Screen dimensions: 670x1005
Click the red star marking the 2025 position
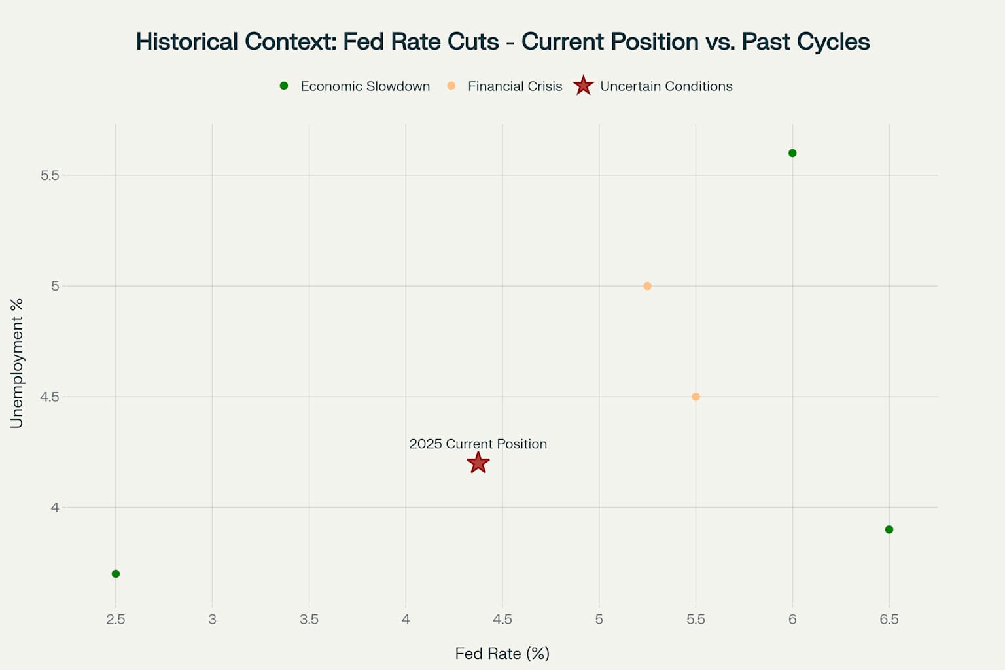[x=478, y=463]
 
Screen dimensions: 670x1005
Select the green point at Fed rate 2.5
[x=116, y=574]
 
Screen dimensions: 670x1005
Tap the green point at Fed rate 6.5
[x=889, y=529]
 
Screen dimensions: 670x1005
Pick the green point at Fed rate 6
[x=792, y=153]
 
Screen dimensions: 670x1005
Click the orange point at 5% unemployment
[x=647, y=286]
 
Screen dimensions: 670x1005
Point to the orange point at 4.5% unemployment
[x=696, y=397]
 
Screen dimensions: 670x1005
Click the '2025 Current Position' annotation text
[x=478, y=444]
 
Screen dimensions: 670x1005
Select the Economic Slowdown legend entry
[x=364, y=86]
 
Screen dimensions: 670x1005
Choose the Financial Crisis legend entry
[x=514, y=86]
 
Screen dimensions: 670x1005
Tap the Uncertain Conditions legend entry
[x=665, y=86]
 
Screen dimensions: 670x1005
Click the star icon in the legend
[x=583, y=86]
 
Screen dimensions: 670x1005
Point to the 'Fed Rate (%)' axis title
[x=502, y=653]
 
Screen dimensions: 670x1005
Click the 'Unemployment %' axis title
[x=17, y=363]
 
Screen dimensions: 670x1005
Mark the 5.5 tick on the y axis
[x=50, y=175]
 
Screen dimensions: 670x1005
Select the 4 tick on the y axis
[x=54, y=508]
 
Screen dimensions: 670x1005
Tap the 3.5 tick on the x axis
[x=309, y=619]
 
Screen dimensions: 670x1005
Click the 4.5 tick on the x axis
[x=502, y=619]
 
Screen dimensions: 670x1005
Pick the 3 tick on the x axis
[x=212, y=619]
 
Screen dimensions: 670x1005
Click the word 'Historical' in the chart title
[x=186, y=42]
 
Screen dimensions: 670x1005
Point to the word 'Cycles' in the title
[x=839, y=42]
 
